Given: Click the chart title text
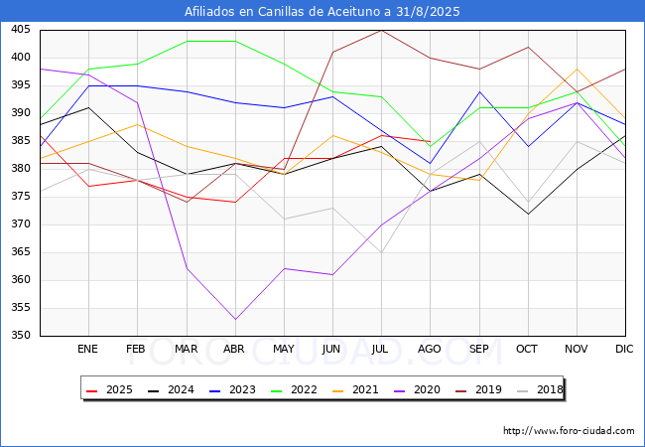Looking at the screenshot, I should (322, 11).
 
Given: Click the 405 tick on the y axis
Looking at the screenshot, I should (20, 30).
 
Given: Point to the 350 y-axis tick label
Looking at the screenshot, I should (20, 336).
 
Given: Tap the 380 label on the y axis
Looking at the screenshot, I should (20, 169).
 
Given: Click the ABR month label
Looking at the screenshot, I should (234, 350).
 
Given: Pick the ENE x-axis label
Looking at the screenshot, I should (88, 350).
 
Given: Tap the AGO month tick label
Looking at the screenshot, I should (430, 350).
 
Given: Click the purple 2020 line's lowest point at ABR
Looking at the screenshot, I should (235, 319).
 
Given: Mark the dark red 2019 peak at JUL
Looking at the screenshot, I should (381, 30).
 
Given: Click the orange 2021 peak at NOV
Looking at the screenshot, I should (577, 69).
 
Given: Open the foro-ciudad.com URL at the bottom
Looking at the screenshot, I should (569, 431).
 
